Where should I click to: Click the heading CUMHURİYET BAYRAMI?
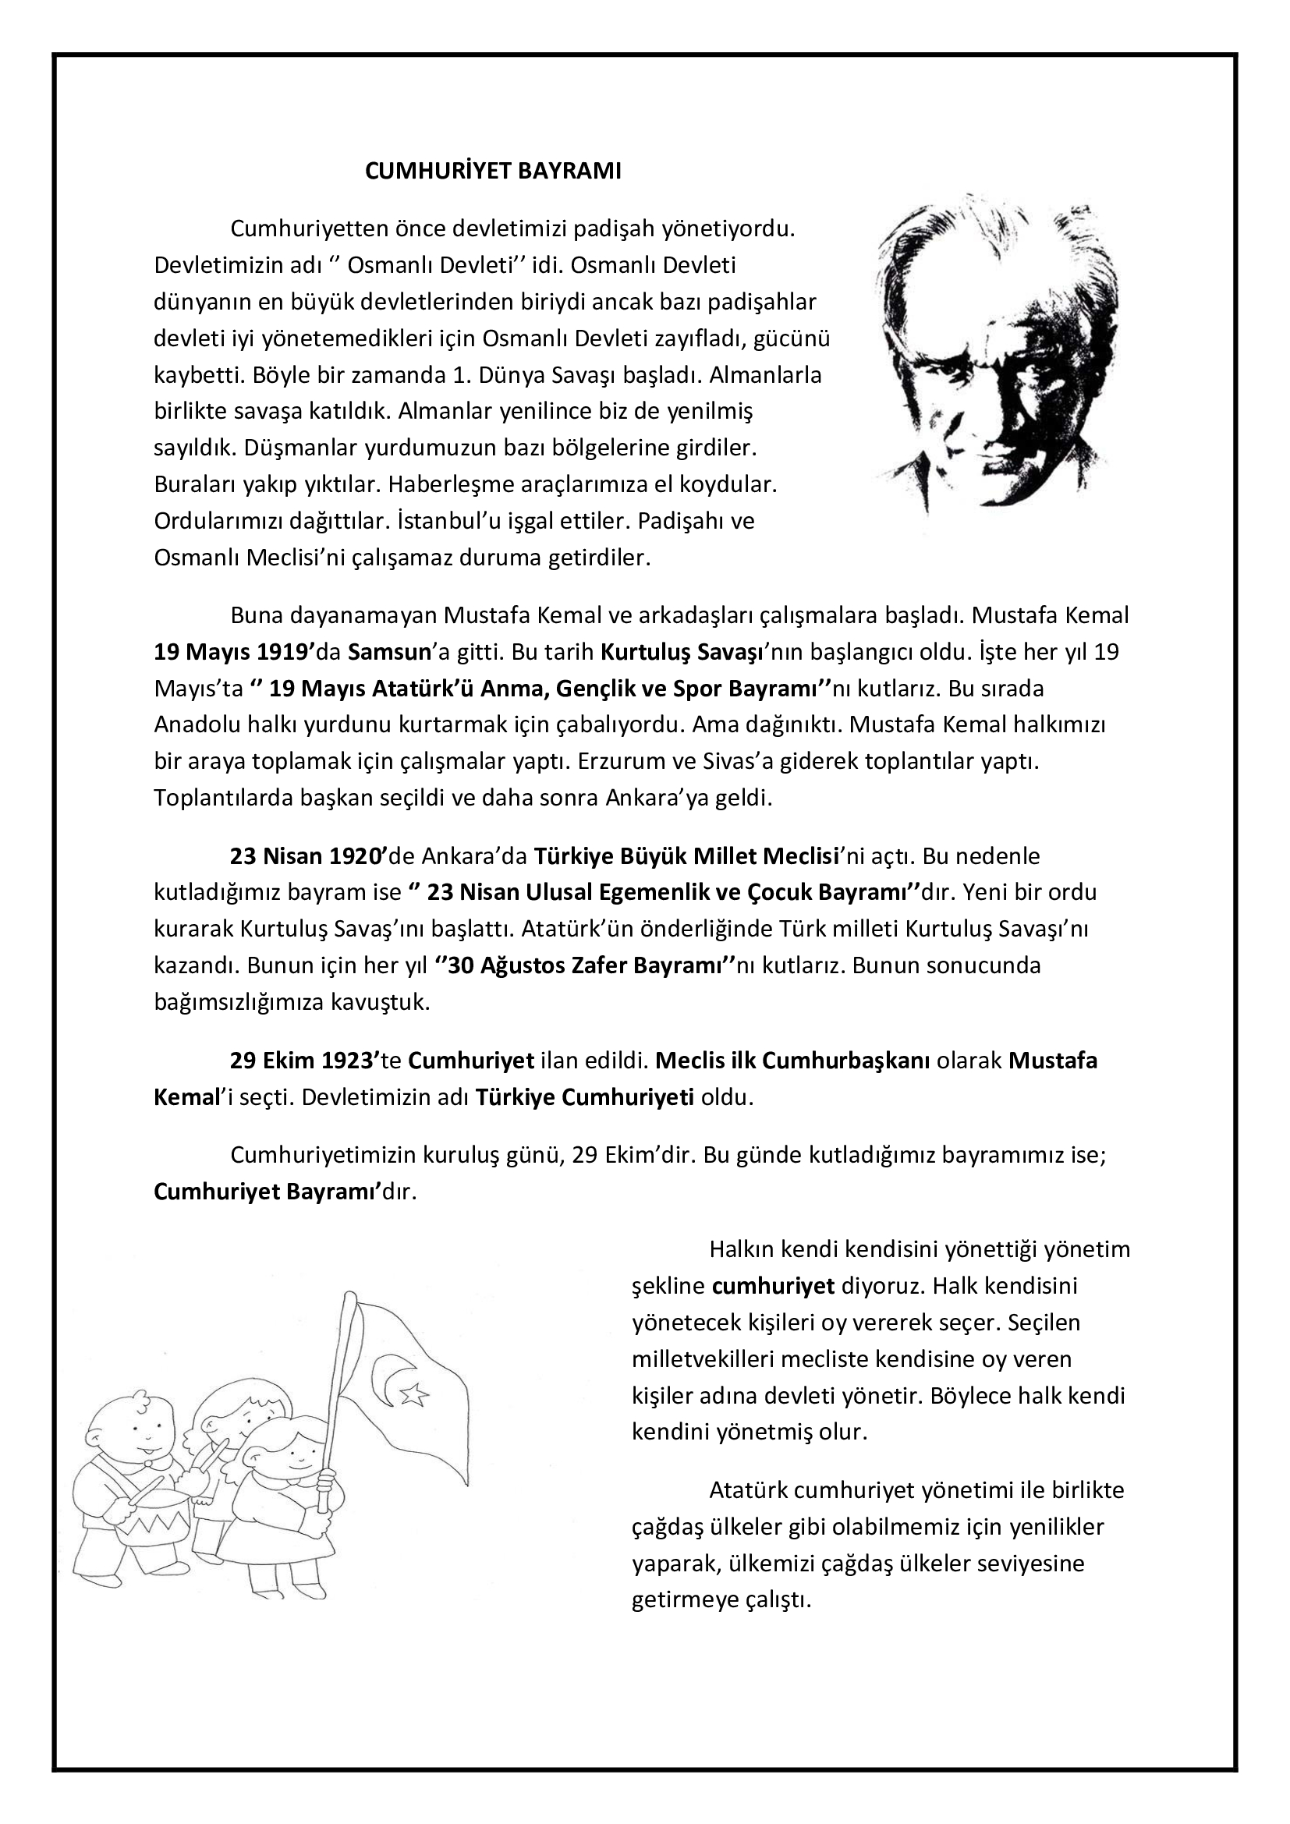click(492, 172)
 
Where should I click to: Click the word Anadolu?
click(193, 724)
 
